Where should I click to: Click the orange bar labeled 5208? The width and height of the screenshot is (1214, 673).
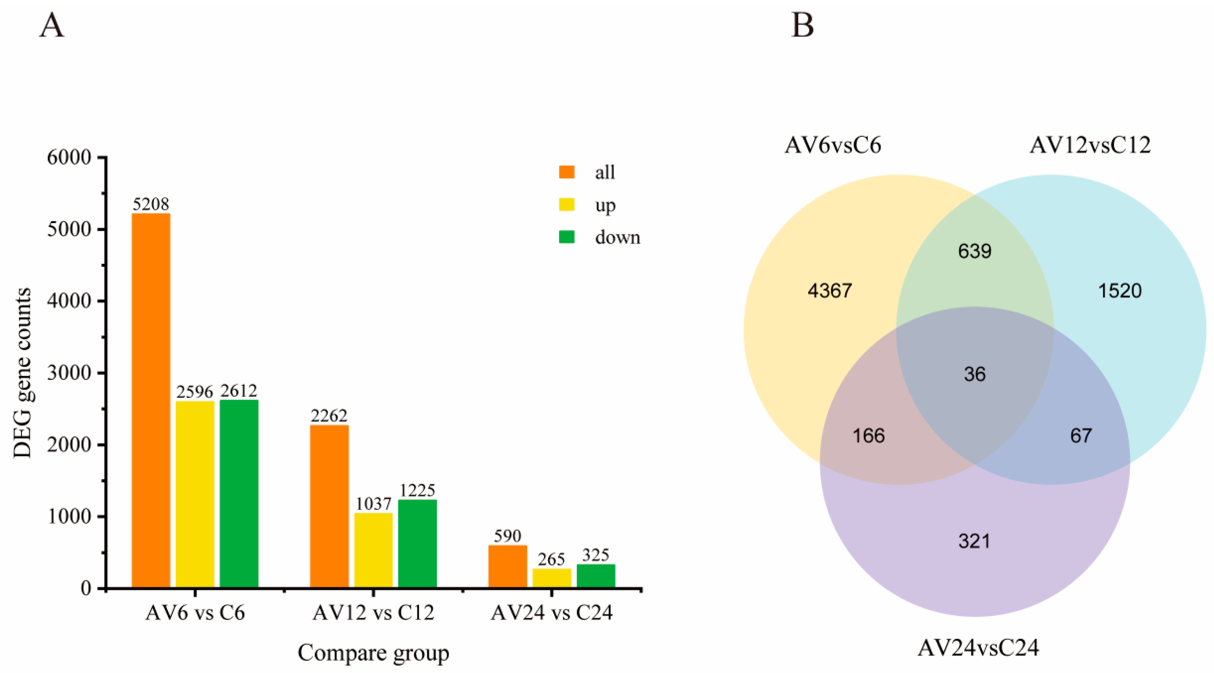click(151, 400)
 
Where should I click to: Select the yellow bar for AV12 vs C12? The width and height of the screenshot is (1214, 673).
click(373, 550)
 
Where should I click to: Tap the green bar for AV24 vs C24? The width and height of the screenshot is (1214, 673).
click(596, 575)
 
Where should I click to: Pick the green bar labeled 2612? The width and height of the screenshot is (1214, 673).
click(239, 494)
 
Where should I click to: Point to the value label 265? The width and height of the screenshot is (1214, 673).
click(551, 559)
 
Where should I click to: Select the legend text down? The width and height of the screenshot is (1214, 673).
click(617, 237)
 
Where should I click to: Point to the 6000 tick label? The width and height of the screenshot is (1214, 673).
click(68, 157)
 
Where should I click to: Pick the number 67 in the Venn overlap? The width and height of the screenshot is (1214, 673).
click(1081, 436)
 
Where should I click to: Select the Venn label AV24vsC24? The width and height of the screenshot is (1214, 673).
click(978, 648)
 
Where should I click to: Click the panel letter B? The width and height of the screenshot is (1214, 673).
click(802, 25)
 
